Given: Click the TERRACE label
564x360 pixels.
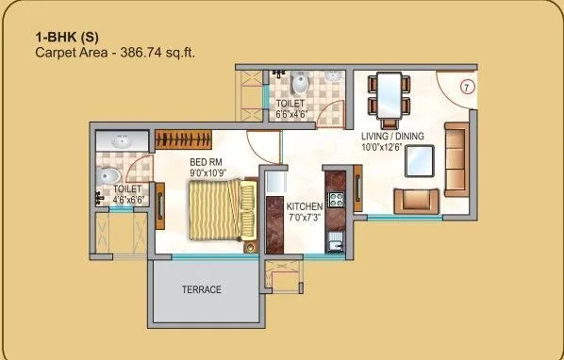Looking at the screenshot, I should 201,289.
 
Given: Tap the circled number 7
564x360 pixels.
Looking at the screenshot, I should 466,87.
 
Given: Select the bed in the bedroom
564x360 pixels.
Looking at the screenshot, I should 220,210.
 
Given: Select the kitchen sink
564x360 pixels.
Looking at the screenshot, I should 335,240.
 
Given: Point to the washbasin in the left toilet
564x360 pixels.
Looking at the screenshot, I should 122,140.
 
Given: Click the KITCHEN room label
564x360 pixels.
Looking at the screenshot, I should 305,205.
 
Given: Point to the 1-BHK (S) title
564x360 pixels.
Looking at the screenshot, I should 60,39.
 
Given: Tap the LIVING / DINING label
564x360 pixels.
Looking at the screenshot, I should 392,137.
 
